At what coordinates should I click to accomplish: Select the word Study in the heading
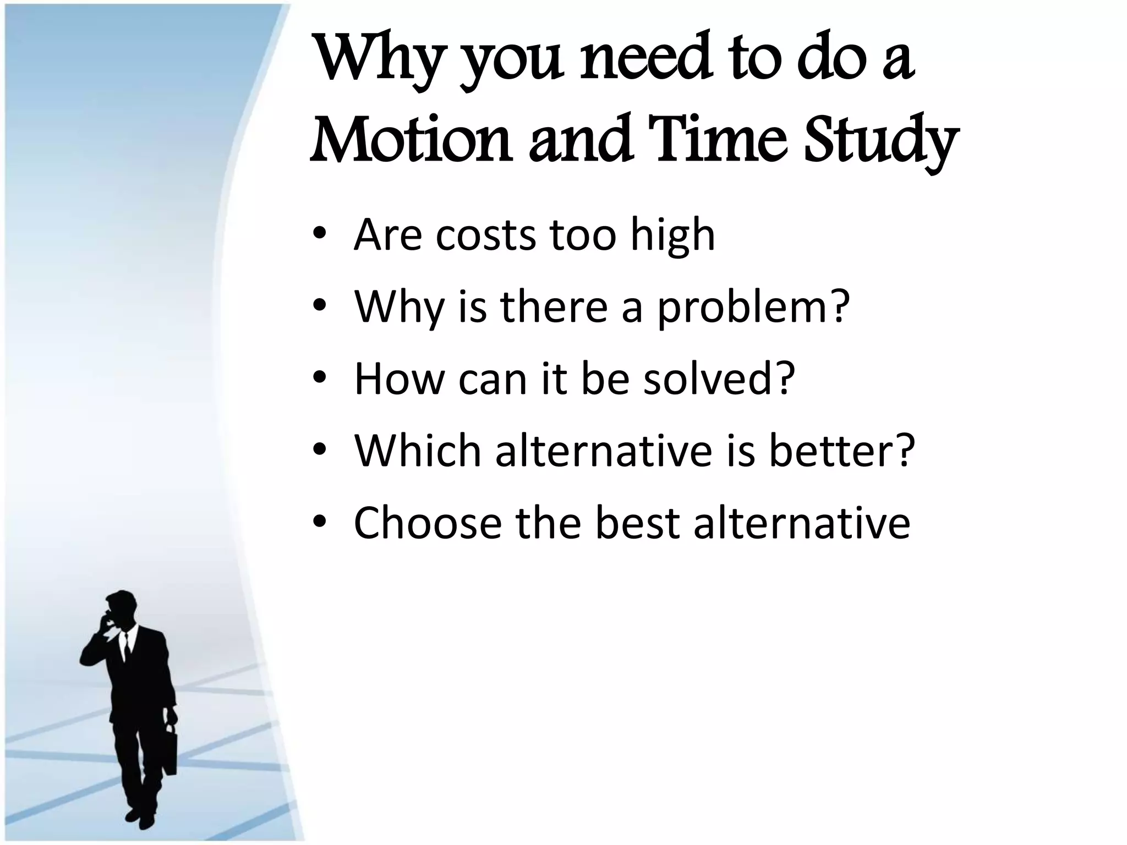tap(880, 140)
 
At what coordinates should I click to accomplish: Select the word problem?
tap(753, 308)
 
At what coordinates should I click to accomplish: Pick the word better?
tap(841, 451)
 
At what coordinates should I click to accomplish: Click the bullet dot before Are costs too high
tap(320, 235)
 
